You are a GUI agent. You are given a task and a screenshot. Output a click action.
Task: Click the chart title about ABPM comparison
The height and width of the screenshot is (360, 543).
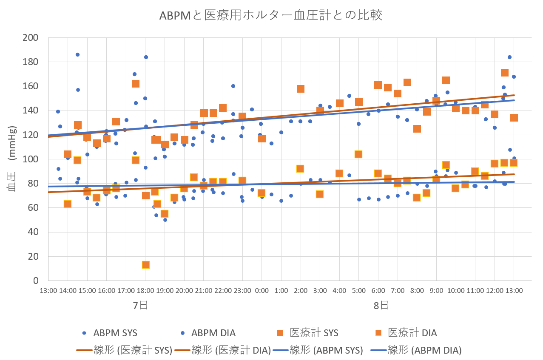(x=271, y=15)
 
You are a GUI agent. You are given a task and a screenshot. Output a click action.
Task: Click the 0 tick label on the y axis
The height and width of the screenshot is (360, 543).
(x=36, y=281)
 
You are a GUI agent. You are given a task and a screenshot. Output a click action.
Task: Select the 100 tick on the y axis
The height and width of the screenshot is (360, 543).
(x=32, y=159)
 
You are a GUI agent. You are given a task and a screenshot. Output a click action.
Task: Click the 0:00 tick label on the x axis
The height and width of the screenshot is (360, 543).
(x=262, y=291)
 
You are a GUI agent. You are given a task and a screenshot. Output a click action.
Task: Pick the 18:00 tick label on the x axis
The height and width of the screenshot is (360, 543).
(x=145, y=291)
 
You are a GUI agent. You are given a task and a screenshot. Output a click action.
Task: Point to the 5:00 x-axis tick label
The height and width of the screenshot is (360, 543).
(x=358, y=291)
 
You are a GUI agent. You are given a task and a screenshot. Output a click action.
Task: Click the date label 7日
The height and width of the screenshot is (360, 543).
(x=140, y=305)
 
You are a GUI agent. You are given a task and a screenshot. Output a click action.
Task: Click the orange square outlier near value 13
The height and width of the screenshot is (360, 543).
(x=145, y=265)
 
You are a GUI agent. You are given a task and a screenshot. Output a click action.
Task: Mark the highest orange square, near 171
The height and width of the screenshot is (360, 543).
(x=505, y=73)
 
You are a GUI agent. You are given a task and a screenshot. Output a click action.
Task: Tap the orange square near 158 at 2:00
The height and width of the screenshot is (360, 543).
(x=301, y=89)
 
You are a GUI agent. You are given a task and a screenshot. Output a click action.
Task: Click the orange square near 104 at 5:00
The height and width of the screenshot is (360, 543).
(x=358, y=154)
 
